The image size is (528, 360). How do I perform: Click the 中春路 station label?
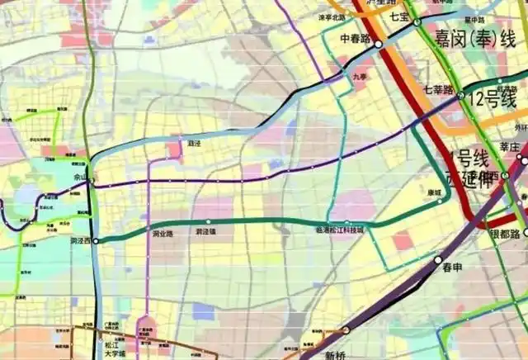pos(356,38)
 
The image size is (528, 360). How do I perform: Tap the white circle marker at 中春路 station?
pos(379,45)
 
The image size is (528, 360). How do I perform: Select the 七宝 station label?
pos(399,16)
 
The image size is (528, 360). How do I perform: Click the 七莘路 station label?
pos(438,89)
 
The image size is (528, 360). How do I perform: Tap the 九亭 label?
pos(358,77)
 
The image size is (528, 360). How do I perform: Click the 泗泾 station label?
pos(195,143)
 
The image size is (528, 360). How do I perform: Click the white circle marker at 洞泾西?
pos(97,240)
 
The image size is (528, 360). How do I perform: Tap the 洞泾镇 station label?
pos(205,232)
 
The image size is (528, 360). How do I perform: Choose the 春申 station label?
pos(452,268)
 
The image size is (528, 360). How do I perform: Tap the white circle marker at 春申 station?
pos(438,259)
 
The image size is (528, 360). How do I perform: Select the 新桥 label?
pos(335,354)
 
